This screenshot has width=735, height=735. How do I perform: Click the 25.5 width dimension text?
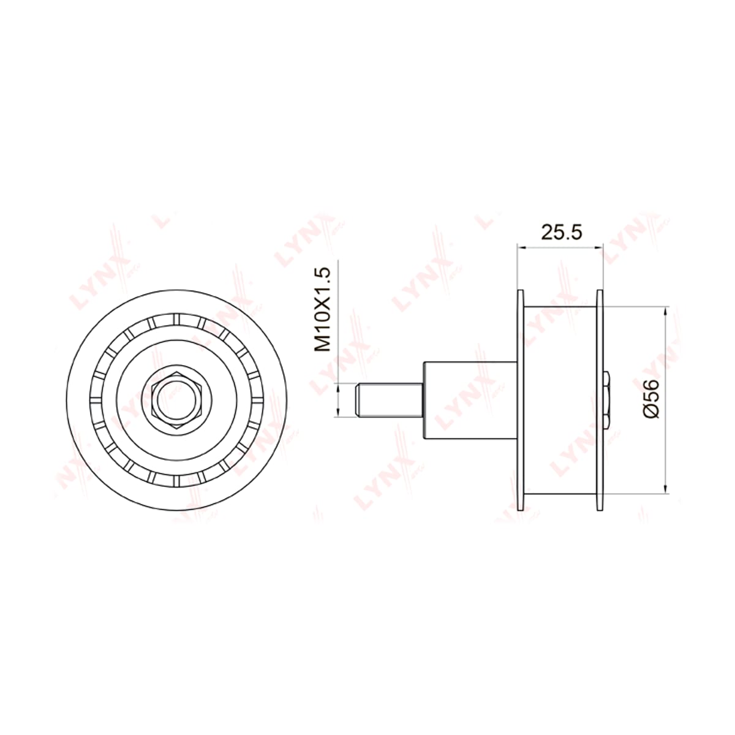pyautogui.click(x=562, y=232)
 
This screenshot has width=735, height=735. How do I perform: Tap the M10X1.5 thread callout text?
pyautogui.click(x=321, y=309)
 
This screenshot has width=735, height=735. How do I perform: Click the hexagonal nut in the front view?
pyautogui.click(x=177, y=400)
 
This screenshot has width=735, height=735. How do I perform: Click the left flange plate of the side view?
pyautogui.click(x=520, y=400)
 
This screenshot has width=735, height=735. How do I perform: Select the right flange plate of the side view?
pyautogui.click(x=600, y=400)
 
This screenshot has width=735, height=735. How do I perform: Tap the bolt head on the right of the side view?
pyautogui.click(x=607, y=400)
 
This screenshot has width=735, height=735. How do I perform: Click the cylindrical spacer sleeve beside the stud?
pyautogui.click(x=470, y=400)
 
